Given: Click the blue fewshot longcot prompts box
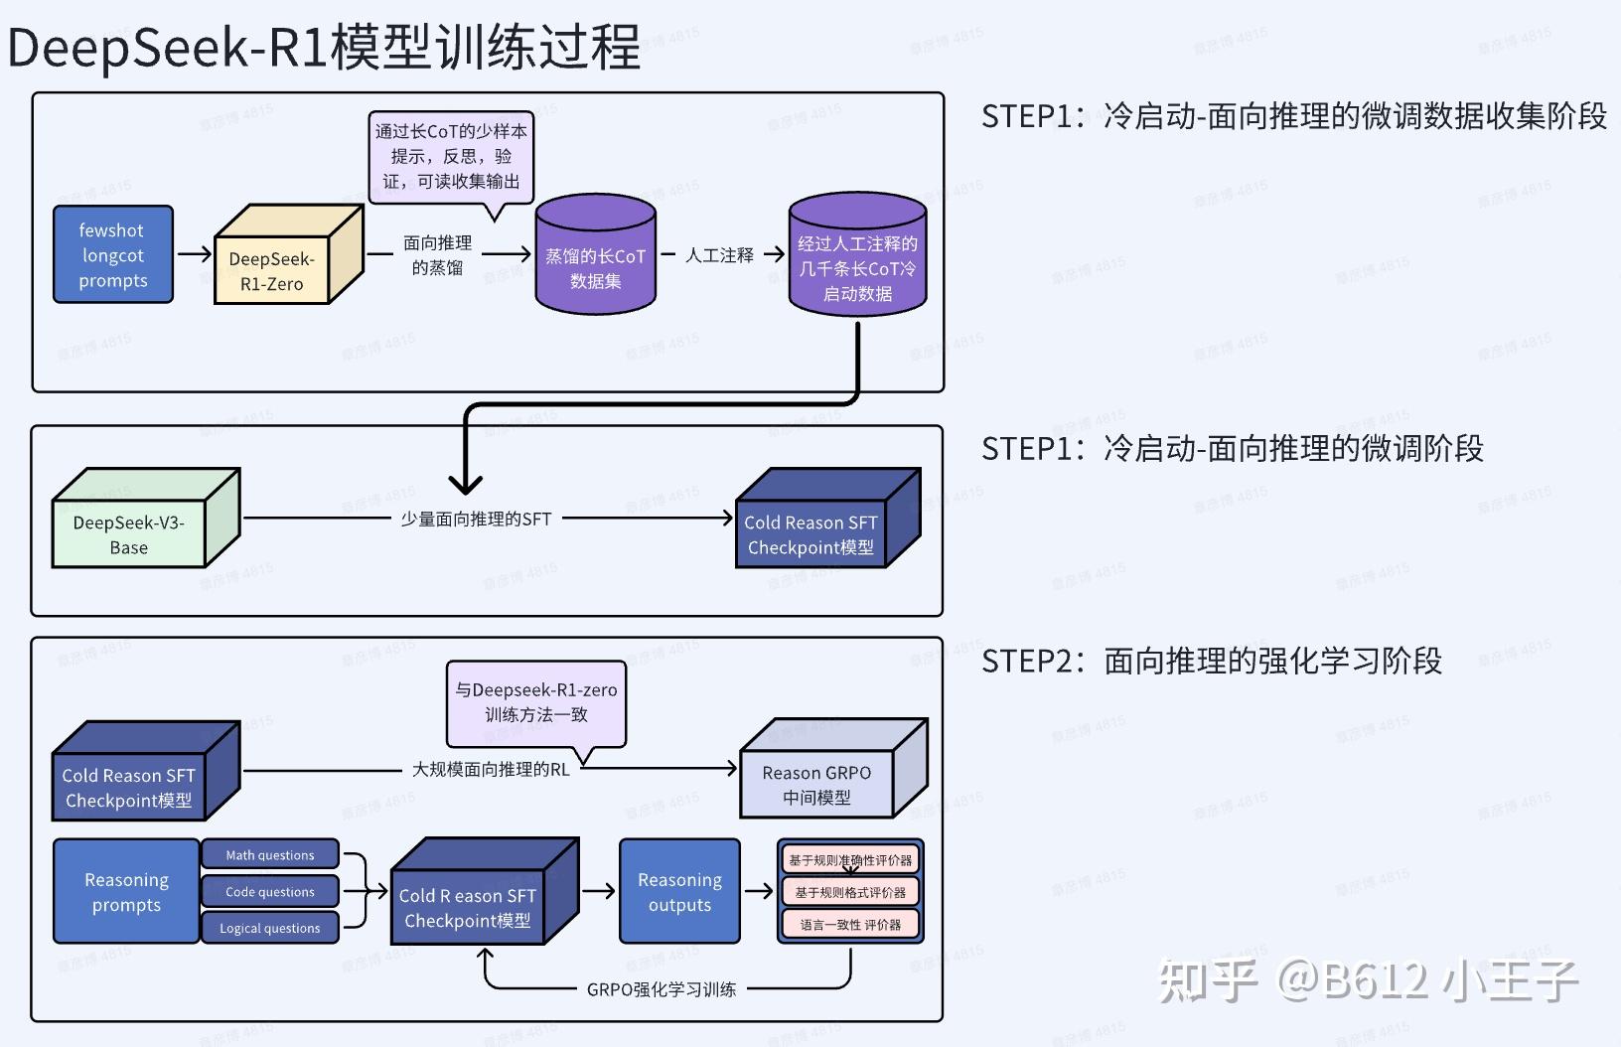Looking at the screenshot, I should pos(113,255).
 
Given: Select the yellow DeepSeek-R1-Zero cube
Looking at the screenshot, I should pos(272,270).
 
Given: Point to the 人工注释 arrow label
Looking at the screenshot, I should pos(719,255).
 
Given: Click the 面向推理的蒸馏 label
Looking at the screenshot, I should pos(437,255).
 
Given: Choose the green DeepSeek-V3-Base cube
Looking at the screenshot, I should pos(129,534).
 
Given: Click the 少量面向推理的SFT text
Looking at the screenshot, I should pos(476,519).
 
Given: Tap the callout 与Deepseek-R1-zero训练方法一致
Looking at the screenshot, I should pos(536,702).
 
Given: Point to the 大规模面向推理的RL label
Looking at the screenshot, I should pos(491,769).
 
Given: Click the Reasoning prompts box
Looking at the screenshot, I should pos(126,892).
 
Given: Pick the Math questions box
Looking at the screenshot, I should pos(269,855).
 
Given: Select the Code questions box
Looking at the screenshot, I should pos(269,892).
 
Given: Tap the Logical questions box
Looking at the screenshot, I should pos(269,928).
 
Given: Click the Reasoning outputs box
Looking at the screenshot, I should pos(679,892).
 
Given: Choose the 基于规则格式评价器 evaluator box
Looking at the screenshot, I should pos(850,892).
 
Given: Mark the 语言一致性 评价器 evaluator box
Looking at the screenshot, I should pos(850,925).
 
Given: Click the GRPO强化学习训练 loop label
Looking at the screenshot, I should pos(662,989).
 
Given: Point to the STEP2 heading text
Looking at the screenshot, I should pos(1211,661).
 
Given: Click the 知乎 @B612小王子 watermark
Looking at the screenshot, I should pos(1368,980).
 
